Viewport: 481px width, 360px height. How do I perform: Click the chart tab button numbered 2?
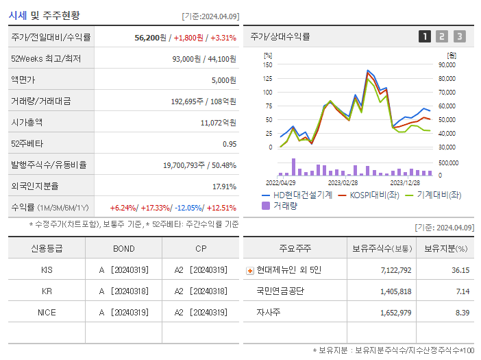click(x=442, y=36)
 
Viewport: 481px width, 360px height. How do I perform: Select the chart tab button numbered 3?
click(x=459, y=36)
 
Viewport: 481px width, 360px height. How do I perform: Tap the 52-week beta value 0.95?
click(x=230, y=144)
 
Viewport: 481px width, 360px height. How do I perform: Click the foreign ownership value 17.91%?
click(x=224, y=186)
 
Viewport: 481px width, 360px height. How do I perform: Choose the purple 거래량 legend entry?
click(x=283, y=205)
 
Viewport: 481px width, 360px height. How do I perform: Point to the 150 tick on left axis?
click(x=268, y=64)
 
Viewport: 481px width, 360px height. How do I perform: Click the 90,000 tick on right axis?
click(x=447, y=64)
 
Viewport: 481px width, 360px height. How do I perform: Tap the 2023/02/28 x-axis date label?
click(x=343, y=182)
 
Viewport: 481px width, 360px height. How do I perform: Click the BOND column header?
click(x=123, y=248)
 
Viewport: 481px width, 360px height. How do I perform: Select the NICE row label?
click(x=47, y=312)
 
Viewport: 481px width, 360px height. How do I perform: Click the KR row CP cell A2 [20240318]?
click(x=200, y=291)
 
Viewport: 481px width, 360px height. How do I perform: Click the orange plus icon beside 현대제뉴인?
click(x=249, y=270)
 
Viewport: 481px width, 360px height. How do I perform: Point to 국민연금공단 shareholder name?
click(x=280, y=291)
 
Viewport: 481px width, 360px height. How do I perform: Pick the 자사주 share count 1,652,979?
click(x=395, y=312)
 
